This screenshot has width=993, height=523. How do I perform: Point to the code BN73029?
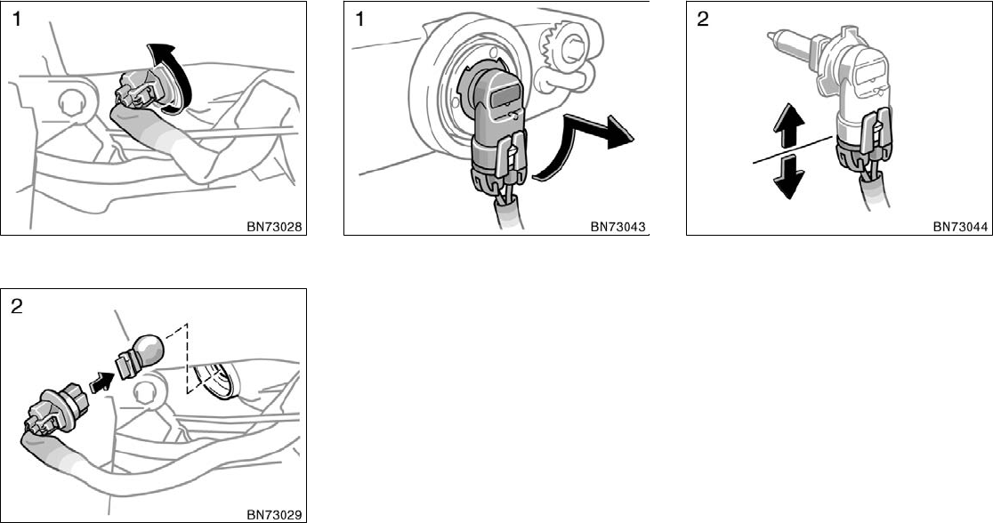tap(274, 515)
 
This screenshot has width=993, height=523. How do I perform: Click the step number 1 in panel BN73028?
tap(17, 20)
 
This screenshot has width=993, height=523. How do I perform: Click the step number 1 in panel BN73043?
tap(359, 20)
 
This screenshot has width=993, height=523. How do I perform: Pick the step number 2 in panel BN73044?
tap(703, 20)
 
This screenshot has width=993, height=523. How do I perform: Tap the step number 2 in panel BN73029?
tap(17, 307)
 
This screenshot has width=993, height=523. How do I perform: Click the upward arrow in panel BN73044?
tap(788, 129)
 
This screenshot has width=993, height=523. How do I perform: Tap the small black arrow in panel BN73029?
tap(102, 382)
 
